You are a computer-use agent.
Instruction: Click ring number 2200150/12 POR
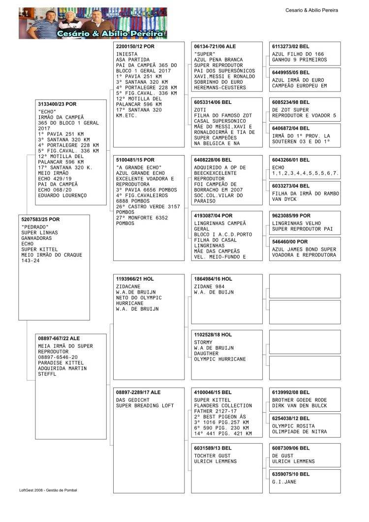click(135, 46)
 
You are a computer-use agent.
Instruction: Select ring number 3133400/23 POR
click(57, 104)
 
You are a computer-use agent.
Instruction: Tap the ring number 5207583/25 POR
click(40, 219)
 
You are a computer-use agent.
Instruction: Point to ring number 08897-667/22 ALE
click(59, 338)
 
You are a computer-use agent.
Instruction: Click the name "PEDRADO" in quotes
click(35, 227)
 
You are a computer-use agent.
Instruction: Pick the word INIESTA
click(127, 54)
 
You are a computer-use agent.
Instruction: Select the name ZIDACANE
click(128, 286)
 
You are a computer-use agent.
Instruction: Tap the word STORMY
click(204, 342)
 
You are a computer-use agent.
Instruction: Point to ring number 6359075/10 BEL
click(291, 474)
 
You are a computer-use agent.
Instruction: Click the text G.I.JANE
click(284, 482)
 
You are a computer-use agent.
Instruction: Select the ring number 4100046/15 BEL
click(213, 392)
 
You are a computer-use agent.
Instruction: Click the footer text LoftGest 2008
click(34, 490)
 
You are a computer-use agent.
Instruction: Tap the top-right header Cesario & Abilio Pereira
click(311, 10)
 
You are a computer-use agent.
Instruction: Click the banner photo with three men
click(93, 23)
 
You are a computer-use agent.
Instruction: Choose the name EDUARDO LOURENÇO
click(62, 196)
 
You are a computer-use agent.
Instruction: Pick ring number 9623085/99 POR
click(291, 216)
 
